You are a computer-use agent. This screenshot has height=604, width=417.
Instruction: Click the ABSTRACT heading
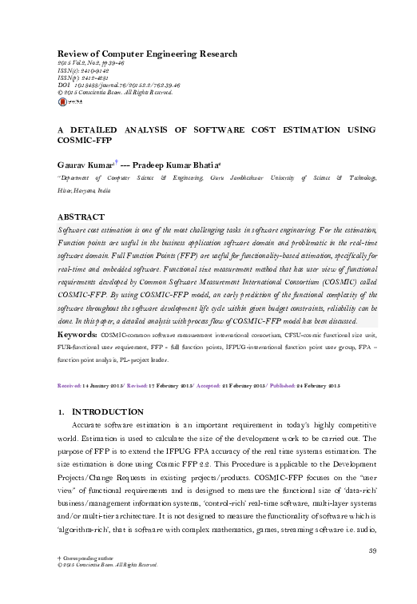tap(81, 217)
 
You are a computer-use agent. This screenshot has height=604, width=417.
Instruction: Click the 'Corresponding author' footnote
tap(90, 580)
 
